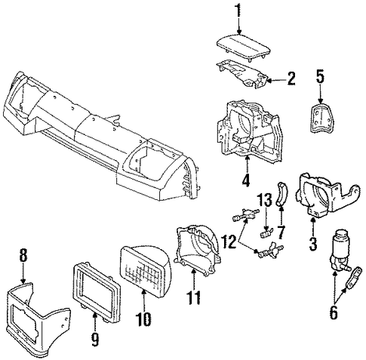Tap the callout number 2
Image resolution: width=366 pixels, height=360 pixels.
[x=291, y=78]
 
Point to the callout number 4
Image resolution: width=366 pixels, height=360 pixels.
[x=246, y=178]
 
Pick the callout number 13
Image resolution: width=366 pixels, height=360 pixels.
[x=265, y=201]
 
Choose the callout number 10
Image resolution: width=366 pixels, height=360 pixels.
[x=144, y=318]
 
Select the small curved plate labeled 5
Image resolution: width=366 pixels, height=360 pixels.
[x=321, y=117]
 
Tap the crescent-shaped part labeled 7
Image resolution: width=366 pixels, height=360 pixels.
[x=283, y=194]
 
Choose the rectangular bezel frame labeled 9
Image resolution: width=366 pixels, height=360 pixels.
[x=96, y=292]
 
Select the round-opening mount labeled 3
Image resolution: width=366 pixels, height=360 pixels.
[x=324, y=194]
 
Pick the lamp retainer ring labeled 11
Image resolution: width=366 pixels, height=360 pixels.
[x=198, y=251]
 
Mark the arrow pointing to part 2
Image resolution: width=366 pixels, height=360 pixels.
[x=276, y=81]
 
